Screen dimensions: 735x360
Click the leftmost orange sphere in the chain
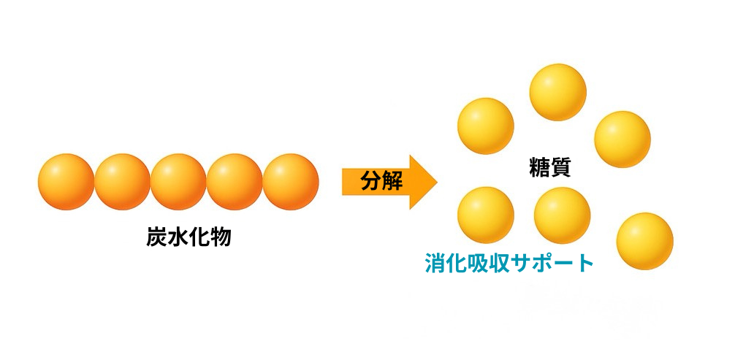coord(66,181)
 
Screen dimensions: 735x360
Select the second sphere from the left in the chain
coord(122,181)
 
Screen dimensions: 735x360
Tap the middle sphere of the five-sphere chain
coord(178,181)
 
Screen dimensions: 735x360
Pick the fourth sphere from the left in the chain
coord(235,181)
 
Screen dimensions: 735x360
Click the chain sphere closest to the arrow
coord(291,181)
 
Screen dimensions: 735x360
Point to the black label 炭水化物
coord(188,238)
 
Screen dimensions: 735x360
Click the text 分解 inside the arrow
coord(381,181)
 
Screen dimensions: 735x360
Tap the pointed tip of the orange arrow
coord(437,182)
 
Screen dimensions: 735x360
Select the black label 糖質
coord(550,168)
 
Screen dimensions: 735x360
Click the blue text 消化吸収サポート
coord(509,263)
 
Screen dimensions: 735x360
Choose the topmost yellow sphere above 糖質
coord(557,92)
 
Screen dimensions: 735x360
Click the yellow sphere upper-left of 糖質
coord(486,126)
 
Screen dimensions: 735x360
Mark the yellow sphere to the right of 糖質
coord(622,139)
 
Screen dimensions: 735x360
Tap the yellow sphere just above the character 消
coord(486,215)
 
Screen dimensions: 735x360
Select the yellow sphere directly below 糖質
coord(562,215)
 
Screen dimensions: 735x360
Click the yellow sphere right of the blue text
coord(645,241)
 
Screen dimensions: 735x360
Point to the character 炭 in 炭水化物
coord(156,238)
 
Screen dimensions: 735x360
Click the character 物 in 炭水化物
coord(221,238)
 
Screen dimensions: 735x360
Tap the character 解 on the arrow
coord(393,181)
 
